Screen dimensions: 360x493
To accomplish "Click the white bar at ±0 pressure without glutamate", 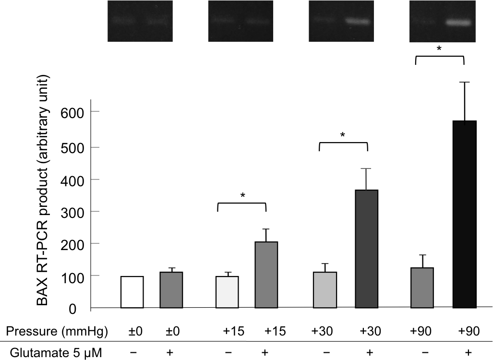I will coord(132,292).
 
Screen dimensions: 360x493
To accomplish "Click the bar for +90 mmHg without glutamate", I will coord(422,288).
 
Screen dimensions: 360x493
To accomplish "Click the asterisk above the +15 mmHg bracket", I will coord(242,196).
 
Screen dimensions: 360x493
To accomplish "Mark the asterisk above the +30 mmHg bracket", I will coord(343,136).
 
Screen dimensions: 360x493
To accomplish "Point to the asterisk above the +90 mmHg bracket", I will coord(439,49).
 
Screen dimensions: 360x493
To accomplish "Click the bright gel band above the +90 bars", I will coord(458,23).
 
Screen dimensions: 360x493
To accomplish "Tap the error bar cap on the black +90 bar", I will coord(464,82).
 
